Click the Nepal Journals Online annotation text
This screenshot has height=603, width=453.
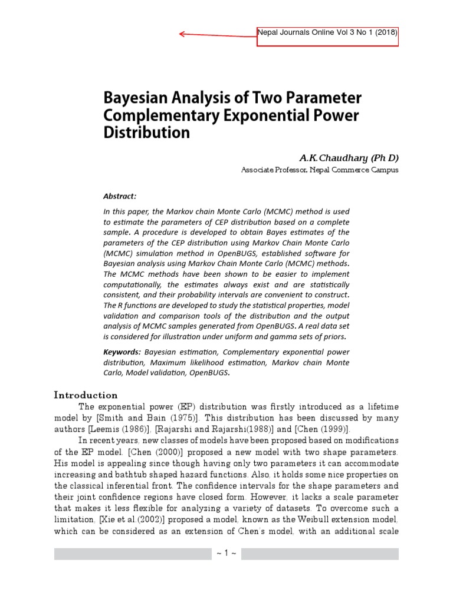coord(327,33)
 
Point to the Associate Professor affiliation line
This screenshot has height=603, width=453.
coord(320,170)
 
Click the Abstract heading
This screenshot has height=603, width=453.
coord(120,196)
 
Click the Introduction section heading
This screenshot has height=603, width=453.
coord(86,395)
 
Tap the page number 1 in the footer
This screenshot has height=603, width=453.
coord(226,554)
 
